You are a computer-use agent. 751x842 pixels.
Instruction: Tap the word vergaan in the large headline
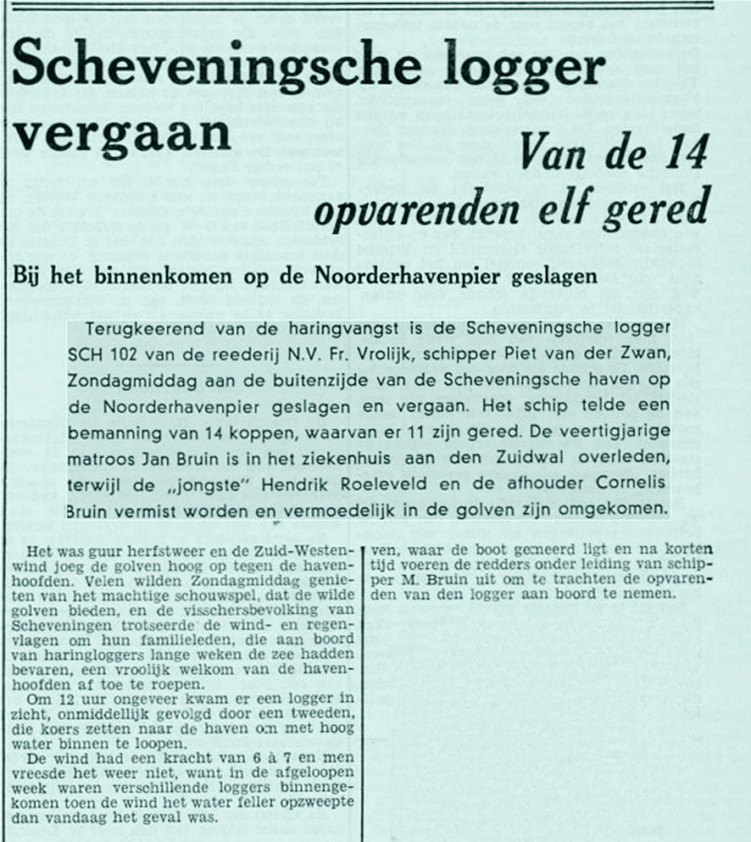click(121, 135)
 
